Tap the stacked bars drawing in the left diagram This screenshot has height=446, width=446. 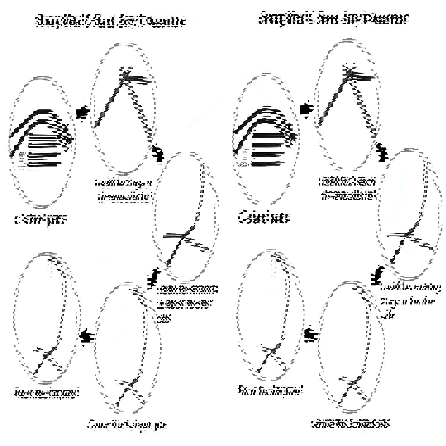coord(42,140)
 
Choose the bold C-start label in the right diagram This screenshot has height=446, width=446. coord(264,217)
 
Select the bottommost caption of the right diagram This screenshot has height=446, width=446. coord(350,423)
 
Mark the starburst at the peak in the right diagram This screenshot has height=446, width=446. coord(349,70)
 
